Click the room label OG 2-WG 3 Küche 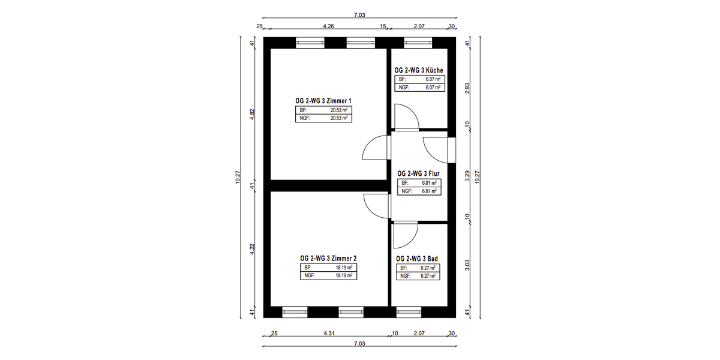(x=419, y=70)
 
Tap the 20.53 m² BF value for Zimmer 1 (x=339, y=110)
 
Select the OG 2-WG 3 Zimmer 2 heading (x=328, y=258)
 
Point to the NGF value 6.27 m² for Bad (x=428, y=276)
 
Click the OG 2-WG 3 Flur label (x=418, y=173)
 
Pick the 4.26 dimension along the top (x=329, y=26)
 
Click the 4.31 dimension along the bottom (x=329, y=334)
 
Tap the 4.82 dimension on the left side (x=252, y=115)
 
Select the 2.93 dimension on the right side (x=467, y=88)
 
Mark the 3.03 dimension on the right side (x=467, y=265)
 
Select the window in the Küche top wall (x=418, y=43)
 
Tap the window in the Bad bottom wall (x=409, y=312)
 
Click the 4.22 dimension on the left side (x=252, y=249)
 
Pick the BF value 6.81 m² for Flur (x=429, y=183)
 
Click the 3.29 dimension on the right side (x=467, y=176)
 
